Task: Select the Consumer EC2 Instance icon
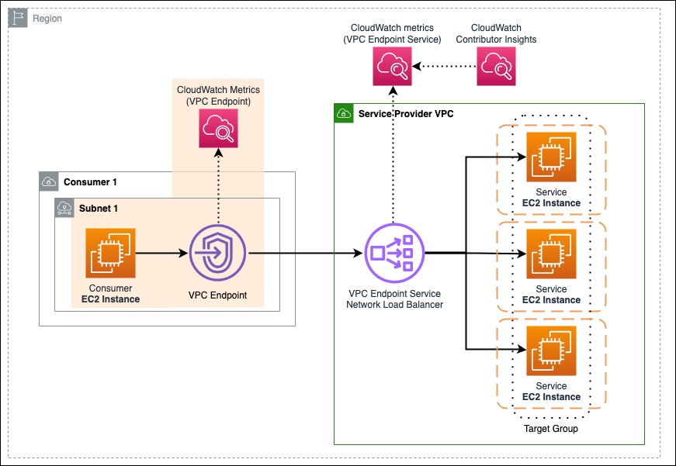click(x=110, y=253)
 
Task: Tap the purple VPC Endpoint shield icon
click(x=217, y=253)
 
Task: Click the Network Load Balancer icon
click(x=393, y=252)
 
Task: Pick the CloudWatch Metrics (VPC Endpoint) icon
click(x=218, y=129)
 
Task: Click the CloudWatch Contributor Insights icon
click(x=497, y=67)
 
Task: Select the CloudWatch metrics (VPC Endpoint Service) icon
click(x=392, y=67)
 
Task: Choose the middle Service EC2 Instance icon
click(x=551, y=254)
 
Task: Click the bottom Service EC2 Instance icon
click(x=551, y=350)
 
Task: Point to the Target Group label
click(x=551, y=429)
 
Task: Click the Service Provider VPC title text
click(x=406, y=114)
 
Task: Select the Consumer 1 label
click(x=90, y=182)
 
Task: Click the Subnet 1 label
click(x=99, y=209)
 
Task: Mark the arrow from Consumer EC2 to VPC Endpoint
click(x=163, y=253)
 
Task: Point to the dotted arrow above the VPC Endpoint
click(x=218, y=186)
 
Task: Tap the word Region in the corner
click(x=47, y=18)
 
